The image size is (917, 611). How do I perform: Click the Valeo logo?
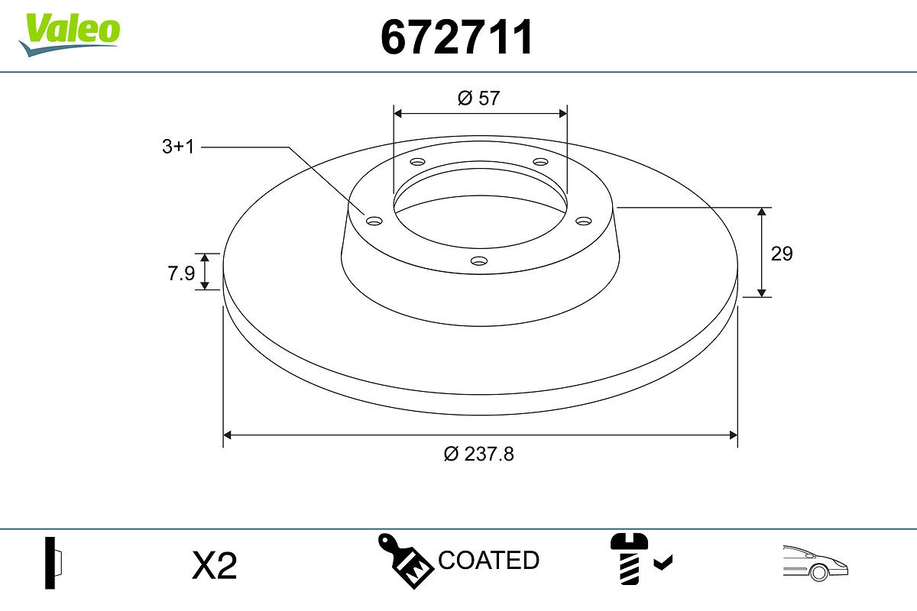pos(70,35)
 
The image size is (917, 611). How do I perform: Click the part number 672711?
pos(456,37)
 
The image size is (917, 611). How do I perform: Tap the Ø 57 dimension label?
pos(478,99)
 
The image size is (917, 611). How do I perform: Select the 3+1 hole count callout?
pos(177,147)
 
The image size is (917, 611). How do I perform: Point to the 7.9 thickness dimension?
pos(181,273)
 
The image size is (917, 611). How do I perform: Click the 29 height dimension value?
pos(782,254)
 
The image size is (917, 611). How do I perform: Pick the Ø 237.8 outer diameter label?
pos(478,454)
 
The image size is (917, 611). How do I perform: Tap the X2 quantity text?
pos(214,566)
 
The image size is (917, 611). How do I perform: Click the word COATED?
pos(488,560)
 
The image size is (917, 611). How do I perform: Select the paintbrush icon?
pos(405,561)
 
